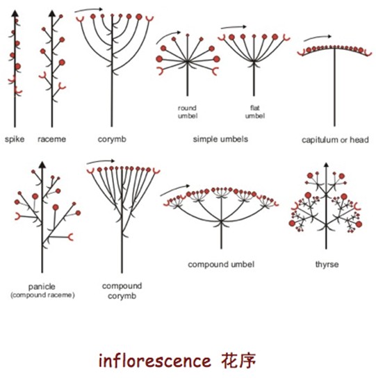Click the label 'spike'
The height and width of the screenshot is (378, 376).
tap(15, 139)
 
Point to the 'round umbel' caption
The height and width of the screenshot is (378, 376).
tap(187, 112)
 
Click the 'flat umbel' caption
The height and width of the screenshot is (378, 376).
tap(255, 112)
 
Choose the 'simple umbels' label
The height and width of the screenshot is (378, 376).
tap(220, 139)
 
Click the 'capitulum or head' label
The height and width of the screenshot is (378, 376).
tap(335, 139)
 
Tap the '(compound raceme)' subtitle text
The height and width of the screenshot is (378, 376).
tap(42, 295)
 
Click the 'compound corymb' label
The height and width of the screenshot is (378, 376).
tap(122, 290)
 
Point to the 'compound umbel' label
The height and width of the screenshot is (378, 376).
tap(221, 265)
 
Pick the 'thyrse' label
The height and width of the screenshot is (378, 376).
tap(326, 265)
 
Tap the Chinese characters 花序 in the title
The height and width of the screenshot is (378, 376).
tap(239, 361)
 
